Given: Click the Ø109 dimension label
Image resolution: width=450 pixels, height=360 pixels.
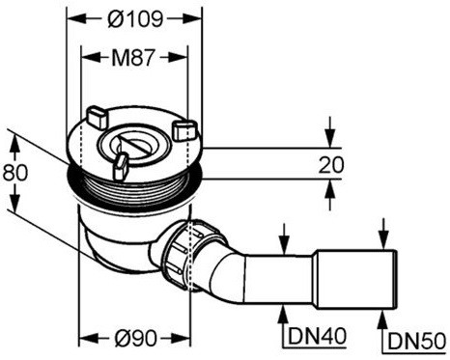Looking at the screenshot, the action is [135, 19].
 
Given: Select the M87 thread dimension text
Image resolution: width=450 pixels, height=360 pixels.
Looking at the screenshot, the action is [133, 58].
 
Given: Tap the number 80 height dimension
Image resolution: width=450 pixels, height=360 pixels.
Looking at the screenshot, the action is [15, 173].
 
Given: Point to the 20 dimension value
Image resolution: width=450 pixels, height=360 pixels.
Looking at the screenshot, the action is [331, 165].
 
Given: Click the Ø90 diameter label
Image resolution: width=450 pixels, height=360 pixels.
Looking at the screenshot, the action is [136, 338].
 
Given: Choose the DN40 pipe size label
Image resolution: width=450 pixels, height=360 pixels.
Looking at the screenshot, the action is [317, 336].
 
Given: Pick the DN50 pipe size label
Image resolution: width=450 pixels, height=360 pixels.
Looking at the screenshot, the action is [416, 341].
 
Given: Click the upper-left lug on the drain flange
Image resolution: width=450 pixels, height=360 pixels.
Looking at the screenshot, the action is [97, 117].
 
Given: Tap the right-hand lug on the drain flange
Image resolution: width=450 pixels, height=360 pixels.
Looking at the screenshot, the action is [184, 129].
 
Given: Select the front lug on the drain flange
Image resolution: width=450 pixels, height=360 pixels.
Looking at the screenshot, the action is [120, 166].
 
